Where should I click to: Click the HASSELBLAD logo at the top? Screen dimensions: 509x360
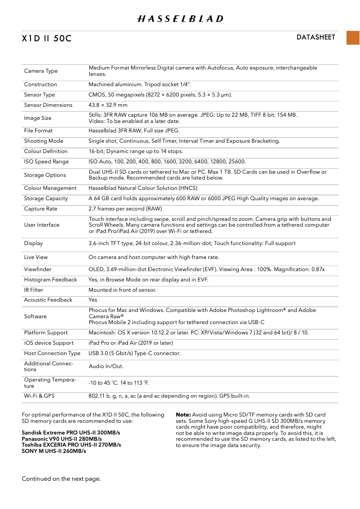pos(180,19)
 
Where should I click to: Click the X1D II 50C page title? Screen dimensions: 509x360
pos(47,39)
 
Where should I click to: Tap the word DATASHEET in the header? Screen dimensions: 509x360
pos(316,37)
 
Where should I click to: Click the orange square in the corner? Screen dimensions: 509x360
pos(353,38)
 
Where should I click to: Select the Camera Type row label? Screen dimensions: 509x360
pos(41,71)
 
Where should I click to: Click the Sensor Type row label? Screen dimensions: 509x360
pos(40,95)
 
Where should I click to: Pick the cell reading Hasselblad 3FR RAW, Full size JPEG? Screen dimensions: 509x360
pos(134,131)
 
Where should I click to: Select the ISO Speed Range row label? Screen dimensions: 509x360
pos(46,162)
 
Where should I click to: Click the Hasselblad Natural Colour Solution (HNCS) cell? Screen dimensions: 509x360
pos(143,188)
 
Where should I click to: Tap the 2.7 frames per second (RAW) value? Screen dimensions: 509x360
pos(125,209)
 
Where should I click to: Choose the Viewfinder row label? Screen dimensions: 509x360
pos(38,269)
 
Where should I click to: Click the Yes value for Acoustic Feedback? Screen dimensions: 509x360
pos(93,300)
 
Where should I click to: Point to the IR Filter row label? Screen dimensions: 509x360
pos(34,290)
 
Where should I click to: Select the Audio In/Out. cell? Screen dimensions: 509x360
pos(106,366)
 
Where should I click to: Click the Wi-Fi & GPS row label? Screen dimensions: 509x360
pos(39,396)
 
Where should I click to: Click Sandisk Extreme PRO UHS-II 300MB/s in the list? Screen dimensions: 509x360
pos(71,433)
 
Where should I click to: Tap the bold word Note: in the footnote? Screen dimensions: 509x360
pos(183,415)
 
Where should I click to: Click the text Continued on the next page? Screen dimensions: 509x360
pos(61,479)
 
